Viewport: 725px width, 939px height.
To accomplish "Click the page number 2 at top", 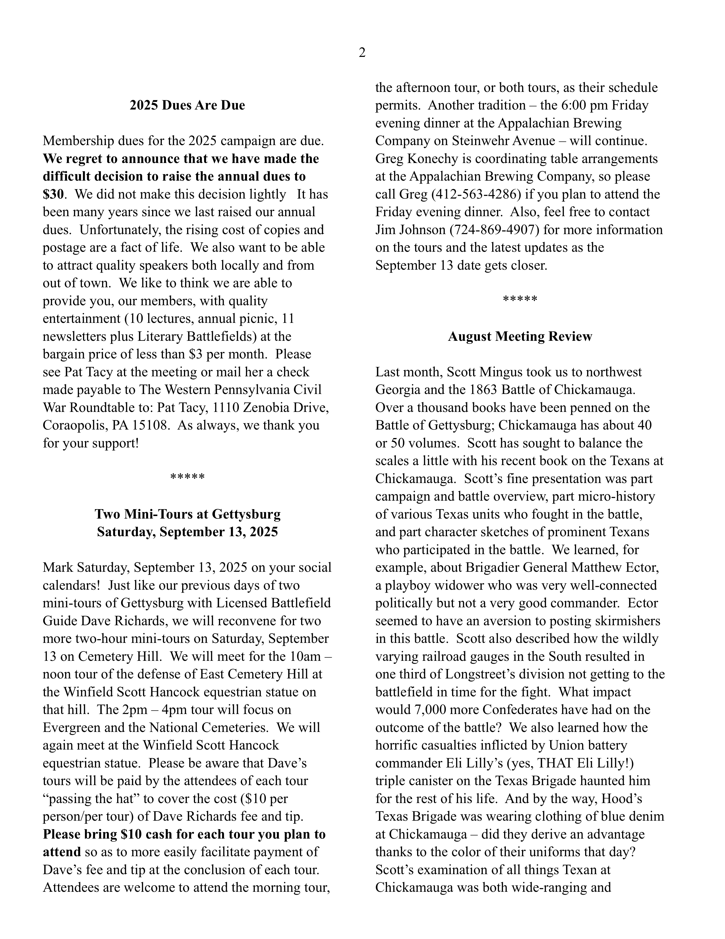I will click(x=362, y=53).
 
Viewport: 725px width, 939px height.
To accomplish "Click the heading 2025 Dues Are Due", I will click(x=187, y=105).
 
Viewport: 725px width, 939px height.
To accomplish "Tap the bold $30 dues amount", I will click(x=53, y=194).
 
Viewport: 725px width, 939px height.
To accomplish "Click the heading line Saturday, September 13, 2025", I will click(x=187, y=532).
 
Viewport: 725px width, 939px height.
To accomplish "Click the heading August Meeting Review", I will click(x=519, y=336).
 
